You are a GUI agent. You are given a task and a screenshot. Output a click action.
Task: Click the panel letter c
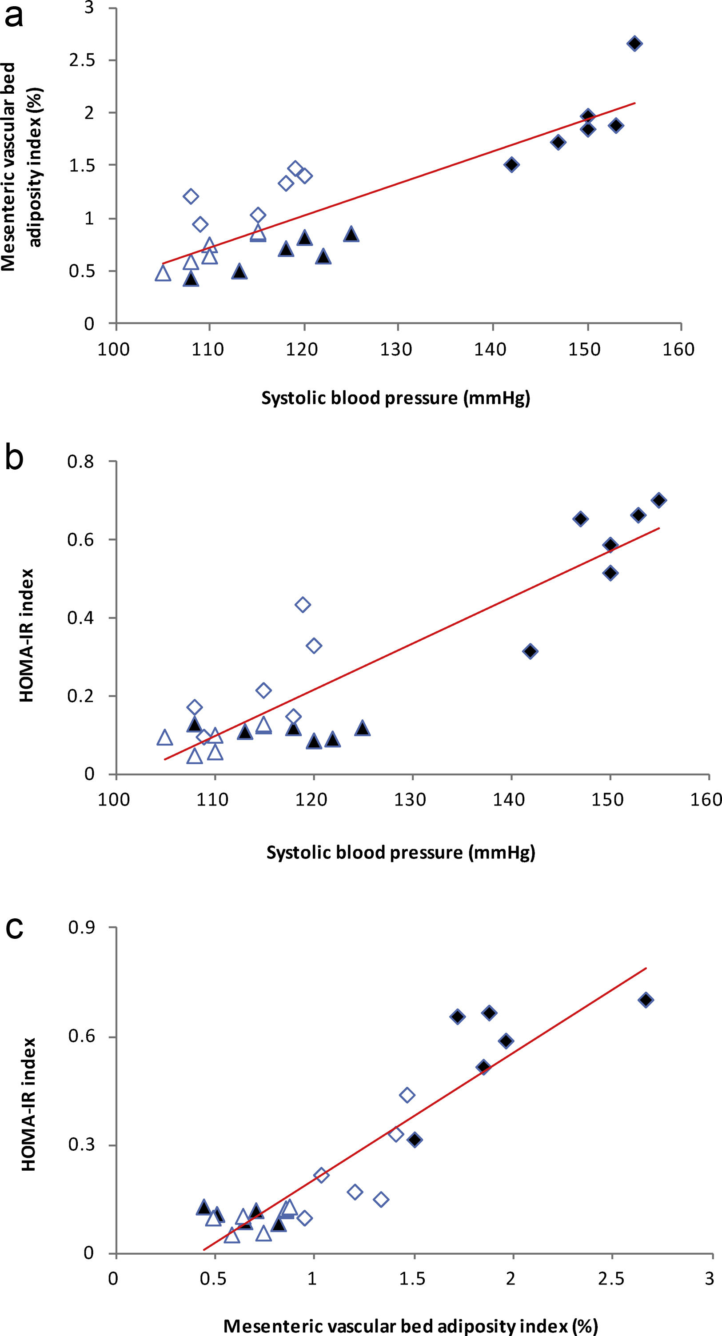pos(14,927)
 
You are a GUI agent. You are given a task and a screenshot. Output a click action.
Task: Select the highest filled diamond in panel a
pos(634,44)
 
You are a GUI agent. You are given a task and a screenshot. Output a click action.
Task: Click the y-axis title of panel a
pos(22,166)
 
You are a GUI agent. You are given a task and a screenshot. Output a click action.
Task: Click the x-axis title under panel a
pos(396,398)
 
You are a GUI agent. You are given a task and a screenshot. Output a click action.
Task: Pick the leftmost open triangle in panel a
pos(163,273)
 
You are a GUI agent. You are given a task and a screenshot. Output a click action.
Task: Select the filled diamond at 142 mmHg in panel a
pos(511,165)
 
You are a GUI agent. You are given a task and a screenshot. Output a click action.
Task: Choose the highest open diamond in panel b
pos(303,605)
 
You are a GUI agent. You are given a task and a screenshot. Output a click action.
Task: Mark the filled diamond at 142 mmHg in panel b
pos(530,651)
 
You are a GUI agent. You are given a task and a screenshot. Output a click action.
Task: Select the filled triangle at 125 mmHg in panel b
pos(363,729)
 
